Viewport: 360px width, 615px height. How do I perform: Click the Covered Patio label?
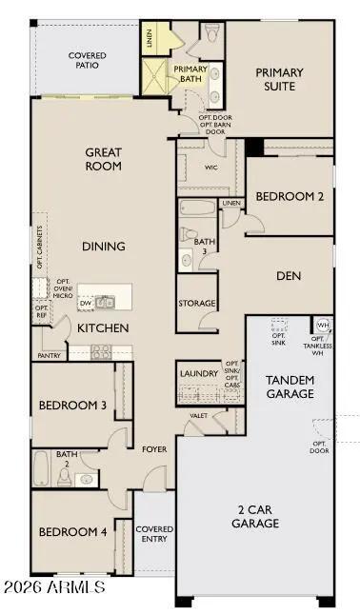coord(87,61)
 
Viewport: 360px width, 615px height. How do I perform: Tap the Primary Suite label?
coord(279,79)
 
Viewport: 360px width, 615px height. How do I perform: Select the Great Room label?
coord(104,158)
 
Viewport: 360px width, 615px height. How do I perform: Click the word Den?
coord(289,276)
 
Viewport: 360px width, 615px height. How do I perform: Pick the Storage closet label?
coord(196,304)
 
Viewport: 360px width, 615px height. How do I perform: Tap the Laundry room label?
coord(199,373)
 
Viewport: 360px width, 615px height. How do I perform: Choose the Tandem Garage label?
coord(290,387)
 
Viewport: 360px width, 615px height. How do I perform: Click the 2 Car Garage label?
coord(255,517)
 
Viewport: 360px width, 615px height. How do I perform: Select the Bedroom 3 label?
coord(72,406)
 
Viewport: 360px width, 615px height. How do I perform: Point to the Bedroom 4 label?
coord(72,531)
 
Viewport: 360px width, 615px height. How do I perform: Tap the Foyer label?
coord(155,448)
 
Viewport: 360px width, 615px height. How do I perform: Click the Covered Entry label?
coord(154,534)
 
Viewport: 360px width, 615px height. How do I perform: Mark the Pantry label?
coord(50,355)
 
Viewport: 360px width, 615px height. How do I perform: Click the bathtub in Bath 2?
coord(42,468)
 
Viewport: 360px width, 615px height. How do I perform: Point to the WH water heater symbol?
coord(322,326)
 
